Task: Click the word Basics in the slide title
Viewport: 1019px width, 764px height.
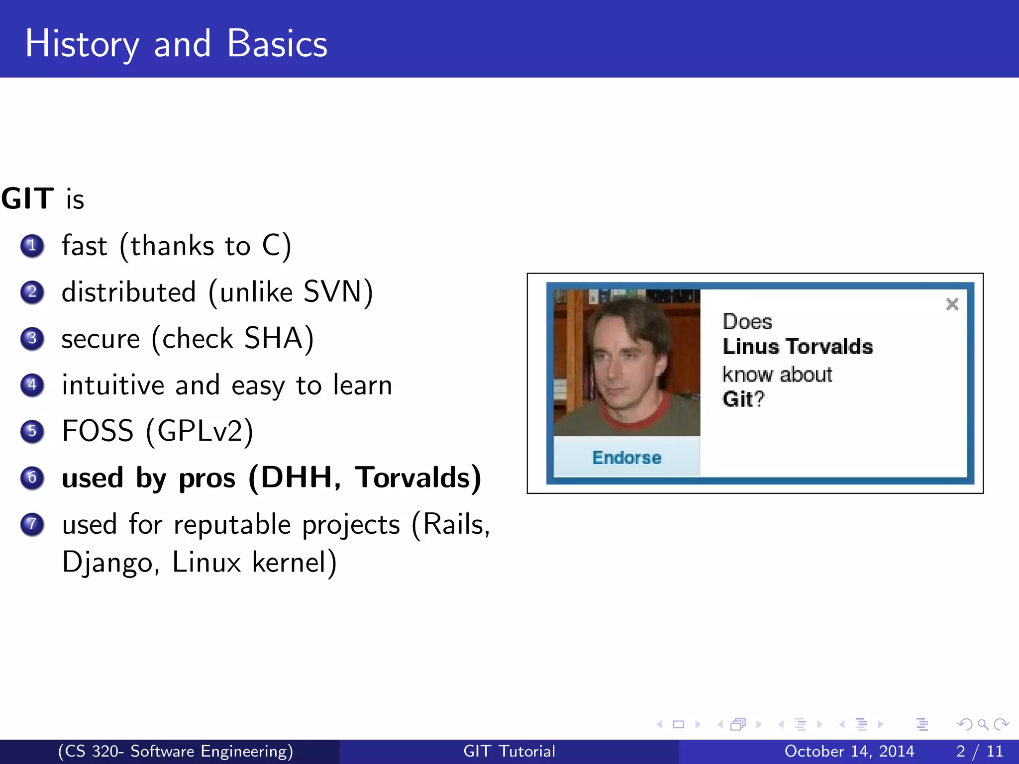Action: pyautogui.click(x=277, y=44)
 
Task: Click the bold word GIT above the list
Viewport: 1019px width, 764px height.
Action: pyautogui.click(x=27, y=198)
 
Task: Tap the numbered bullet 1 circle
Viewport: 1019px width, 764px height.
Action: pyautogui.click(x=32, y=246)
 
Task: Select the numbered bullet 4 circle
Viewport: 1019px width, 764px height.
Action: pyautogui.click(x=32, y=384)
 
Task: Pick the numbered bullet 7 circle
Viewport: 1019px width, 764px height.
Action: pyautogui.click(x=32, y=524)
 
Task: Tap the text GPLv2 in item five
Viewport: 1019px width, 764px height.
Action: pyautogui.click(x=200, y=431)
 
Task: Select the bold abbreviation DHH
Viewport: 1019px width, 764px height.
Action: pyautogui.click(x=297, y=477)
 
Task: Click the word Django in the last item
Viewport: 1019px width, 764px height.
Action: pyautogui.click(x=106, y=563)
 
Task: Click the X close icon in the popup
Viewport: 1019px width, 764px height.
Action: pyautogui.click(x=952, y=304)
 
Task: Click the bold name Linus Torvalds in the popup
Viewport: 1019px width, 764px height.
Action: pyautogui.click(x=797, y=347)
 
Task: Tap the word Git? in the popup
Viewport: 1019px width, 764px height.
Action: pyautogui.click(x=743, y=399)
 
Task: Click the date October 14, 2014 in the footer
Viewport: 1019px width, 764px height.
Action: pyautogui.click(x=849, y=751)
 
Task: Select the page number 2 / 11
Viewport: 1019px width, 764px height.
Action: pyautogui.click(x=979, y=751)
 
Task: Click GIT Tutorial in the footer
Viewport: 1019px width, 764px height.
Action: pyautogui.click(x=509, y=751)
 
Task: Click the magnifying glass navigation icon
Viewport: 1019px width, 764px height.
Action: pyautogui.click(x=983, y=724)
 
